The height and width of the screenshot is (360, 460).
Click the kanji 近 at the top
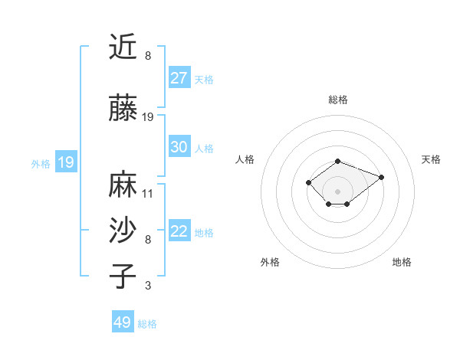(x=123, y=47)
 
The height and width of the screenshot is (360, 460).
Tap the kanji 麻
(x=123, y=184)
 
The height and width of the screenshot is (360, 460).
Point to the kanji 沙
(x=123, y=229)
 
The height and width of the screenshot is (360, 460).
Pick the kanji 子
(x=123, y=276)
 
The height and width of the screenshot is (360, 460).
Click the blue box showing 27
(x=179, y=77)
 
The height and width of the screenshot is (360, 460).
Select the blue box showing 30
(x=179, y=147)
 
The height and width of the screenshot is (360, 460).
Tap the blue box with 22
(x=179, y=231)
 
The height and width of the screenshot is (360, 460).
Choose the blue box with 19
(x=65, y=162)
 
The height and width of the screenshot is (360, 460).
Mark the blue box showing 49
(x=123, y=322)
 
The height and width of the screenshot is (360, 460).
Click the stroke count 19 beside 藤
(x=148, y=117)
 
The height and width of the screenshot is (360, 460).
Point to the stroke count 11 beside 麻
(x=148, y=193)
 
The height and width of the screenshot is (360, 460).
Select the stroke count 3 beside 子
(x=148, y=286)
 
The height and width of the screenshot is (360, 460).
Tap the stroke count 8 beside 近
(x=148, y=56)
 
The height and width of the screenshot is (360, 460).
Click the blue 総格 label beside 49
(x=147, y=324)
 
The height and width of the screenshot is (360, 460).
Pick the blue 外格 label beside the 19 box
(x=40, y=163)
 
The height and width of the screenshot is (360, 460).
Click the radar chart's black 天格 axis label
(x=431, y=159)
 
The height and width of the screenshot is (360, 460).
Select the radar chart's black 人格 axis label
(x=245, y=159)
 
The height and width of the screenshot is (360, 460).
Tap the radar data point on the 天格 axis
(x=381, y=177)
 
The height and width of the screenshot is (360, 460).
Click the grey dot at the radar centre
(x=338, y=191)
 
